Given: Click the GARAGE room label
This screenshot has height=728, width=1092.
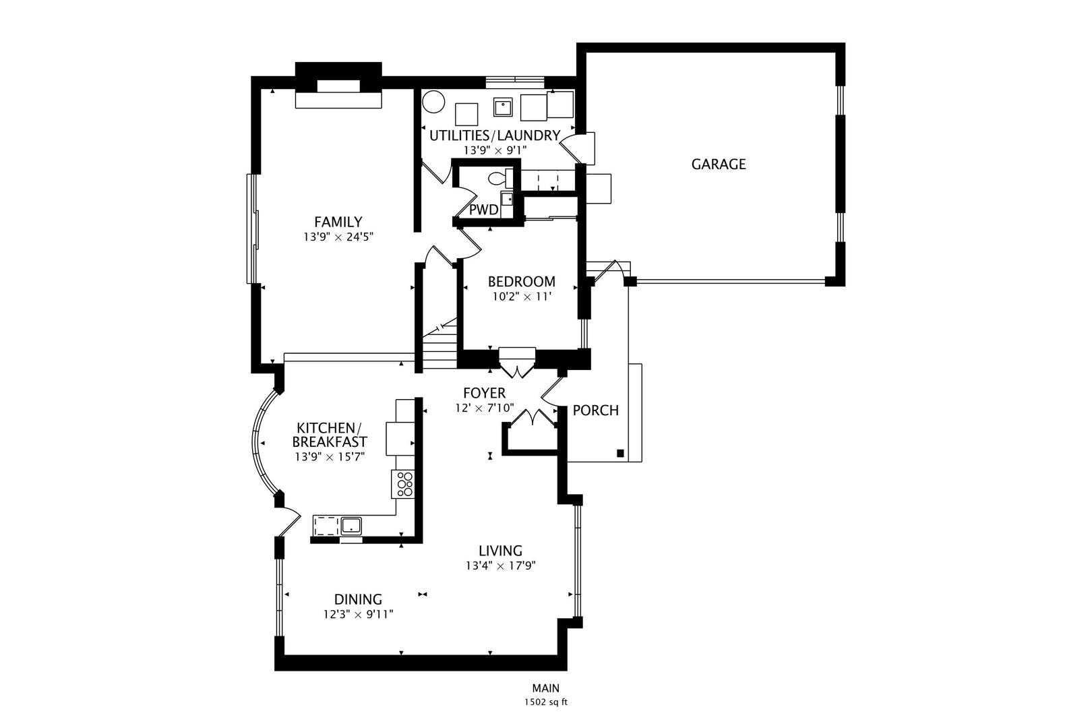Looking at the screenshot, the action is [x=718, y=164].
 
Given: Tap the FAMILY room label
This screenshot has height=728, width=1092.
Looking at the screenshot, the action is [x=338, y=222].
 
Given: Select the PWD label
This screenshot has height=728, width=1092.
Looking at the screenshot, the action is [x=483, y=210].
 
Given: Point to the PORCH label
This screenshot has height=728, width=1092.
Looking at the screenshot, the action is [x=595, y=411].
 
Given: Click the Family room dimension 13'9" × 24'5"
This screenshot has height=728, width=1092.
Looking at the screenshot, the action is [x=338, y=237].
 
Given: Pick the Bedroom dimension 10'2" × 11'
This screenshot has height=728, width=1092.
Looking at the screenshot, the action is [x=522, y=297].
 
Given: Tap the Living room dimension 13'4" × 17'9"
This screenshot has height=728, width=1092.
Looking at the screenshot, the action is [x=501, y=566].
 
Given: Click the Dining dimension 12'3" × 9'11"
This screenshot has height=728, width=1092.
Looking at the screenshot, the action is [x=359, y=614].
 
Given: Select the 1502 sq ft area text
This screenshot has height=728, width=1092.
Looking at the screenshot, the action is [x=546, y=702].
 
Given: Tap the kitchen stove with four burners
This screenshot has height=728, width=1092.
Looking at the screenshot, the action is [x=403, y=484].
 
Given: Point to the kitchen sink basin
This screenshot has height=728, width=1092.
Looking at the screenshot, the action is [x=351, y=526].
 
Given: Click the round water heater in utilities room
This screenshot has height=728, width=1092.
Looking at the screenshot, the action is [x=433, y=102].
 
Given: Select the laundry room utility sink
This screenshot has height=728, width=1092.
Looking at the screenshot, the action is [x=503, y=107].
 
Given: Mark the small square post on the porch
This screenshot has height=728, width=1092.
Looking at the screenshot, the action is [x=621, y=453].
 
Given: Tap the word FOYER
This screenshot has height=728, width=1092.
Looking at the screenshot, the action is [x=484, y=393].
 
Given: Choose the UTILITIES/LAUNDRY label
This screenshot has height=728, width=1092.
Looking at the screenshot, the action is [x=494, y=135].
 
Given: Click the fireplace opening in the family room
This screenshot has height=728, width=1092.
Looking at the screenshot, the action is [x=338, y=86].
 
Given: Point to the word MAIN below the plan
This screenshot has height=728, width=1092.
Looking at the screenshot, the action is [x=546, y=688].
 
